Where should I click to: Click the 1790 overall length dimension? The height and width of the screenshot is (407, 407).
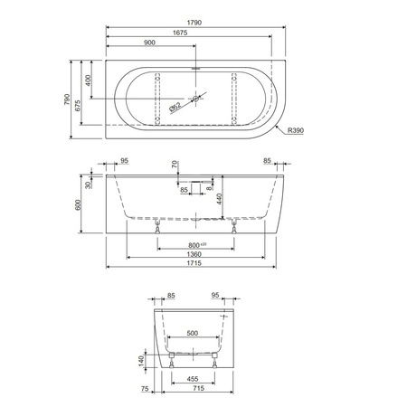(x=194, y=23)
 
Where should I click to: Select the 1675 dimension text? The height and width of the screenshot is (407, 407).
(x=180, y=33)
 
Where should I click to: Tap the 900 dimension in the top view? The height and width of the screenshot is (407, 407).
(x=149, y=43)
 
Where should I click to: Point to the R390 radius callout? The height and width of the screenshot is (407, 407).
(x=296, y=130)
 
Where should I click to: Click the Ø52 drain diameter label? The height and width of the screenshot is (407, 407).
(x=175, y=107)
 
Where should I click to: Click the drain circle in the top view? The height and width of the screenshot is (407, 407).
(x=196, y=99)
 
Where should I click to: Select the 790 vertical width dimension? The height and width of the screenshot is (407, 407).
(x=67, y=99)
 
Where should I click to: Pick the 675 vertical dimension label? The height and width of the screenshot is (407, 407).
(x=78, y=106)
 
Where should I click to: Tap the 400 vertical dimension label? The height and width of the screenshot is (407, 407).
(x=88, y=80)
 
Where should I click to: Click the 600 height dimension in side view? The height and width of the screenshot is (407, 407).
(x=78, y=204)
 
